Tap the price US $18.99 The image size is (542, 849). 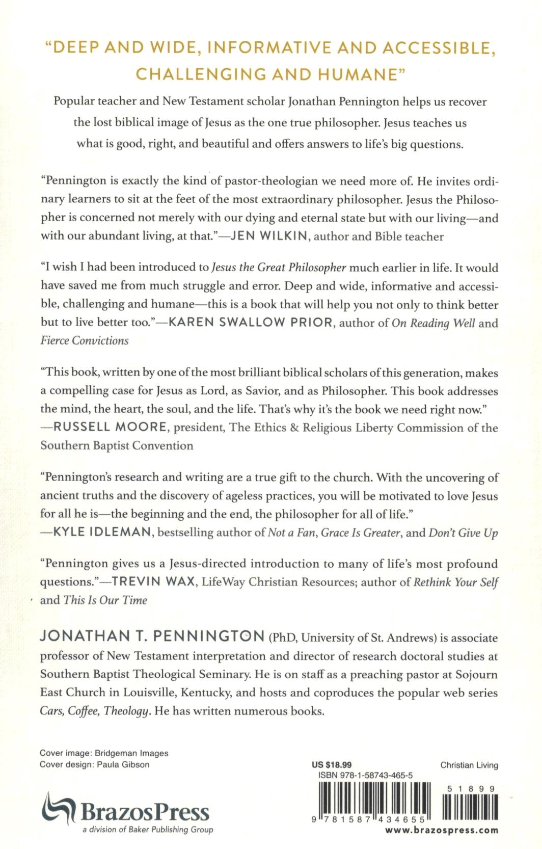pos(332,765)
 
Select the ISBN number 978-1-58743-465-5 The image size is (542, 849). pos(365,775)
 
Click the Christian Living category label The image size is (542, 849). pos(469,765)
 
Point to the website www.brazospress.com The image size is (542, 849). pos(442,830)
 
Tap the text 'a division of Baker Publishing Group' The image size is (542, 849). pos(148,830)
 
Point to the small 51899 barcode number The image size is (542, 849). pos(471,789)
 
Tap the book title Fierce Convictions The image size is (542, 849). pos(85,340)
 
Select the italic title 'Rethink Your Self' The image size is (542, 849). pos(455,582)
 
